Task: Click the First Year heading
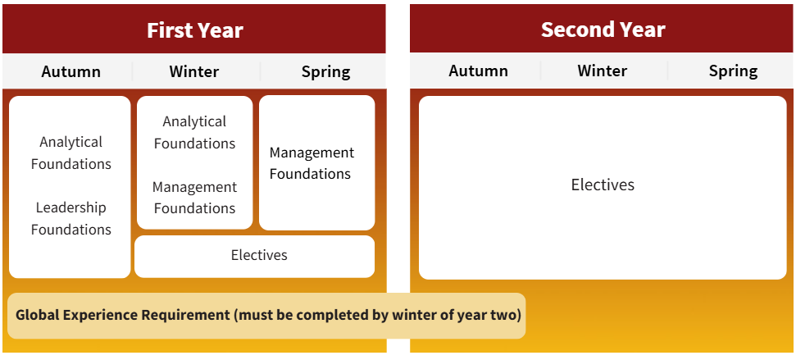click(x=194, y=30)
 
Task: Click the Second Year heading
click(x=603, y=30)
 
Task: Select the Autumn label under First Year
click(x=71, y=71)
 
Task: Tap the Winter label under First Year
click(x=194, y=71)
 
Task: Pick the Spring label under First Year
click(x=325, y=71)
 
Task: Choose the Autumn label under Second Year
click(x=478, y=71)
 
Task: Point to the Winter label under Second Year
click(x=603, y=71)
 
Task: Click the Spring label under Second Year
click(x=733, y=71)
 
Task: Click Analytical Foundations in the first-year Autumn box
click(x=71, y=153)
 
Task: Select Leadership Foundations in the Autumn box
click(x=71, y=218)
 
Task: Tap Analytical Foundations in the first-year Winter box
click(x=194, y=132)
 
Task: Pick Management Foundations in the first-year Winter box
click(x=194, y=198)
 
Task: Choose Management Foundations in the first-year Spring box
click(x=312, y=163)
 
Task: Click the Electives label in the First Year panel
click(x=259, y=255)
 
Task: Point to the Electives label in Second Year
click(x=603, y=185)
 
